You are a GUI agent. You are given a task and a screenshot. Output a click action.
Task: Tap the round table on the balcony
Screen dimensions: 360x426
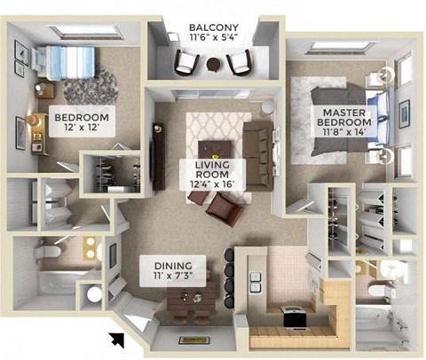tap(213, 64)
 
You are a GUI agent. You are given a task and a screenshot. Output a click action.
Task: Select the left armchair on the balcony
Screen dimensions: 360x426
tap(185, 62)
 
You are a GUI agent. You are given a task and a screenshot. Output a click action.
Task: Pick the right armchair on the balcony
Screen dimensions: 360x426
tap(240, 62)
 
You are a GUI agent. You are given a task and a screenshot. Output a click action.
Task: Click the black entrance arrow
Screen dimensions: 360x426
tap(115, 338)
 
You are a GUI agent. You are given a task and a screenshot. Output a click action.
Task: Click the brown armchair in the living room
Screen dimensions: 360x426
tap(223, 210)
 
